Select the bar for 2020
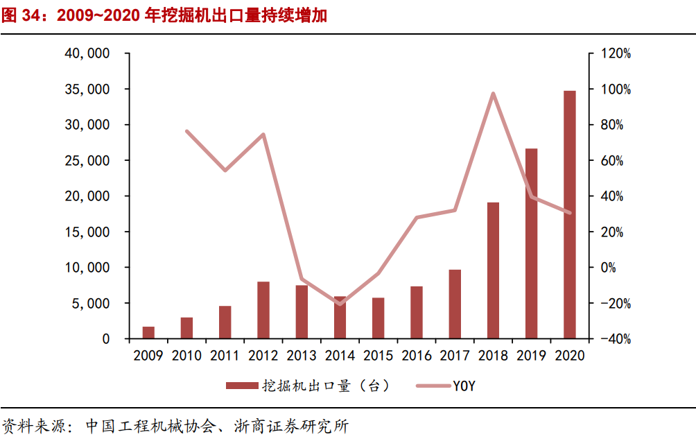[x=569, y=215]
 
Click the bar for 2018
[x=493, y=270]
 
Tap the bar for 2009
[x=148, y=333]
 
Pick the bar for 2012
[x=263, y=310]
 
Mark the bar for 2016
[x=416, y=312]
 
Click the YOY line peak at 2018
[x=493, y=94]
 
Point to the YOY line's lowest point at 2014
[x=340, y=304]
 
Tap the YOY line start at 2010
[x=187, y=131]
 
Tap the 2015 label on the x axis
[x=378, y=356]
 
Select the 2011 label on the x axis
[x=225, y=356]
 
